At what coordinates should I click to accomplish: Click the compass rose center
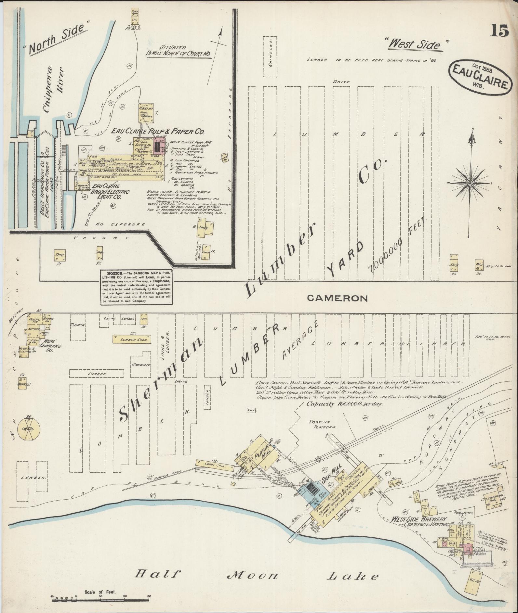(470, 184)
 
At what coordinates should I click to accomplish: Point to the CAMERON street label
(337, 298)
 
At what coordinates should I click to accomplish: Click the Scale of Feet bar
(100, 598)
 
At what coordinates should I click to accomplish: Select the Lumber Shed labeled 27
(132, 339)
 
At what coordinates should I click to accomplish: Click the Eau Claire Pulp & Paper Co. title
(158, 132)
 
